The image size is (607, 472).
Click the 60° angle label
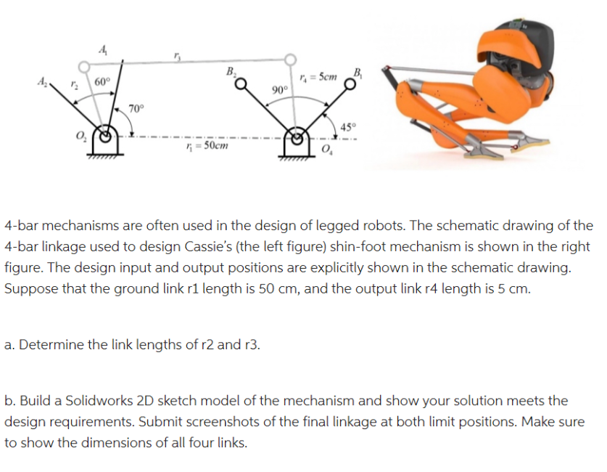click(102, 81)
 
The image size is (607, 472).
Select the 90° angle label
click(279, 89)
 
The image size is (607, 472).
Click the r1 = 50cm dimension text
click(207, 145)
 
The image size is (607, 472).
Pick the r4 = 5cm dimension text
click(318, 76)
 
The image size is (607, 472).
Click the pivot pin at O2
click(107, 136)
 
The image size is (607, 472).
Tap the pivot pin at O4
click(296, 135)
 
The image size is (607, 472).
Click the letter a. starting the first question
click(9, 344)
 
